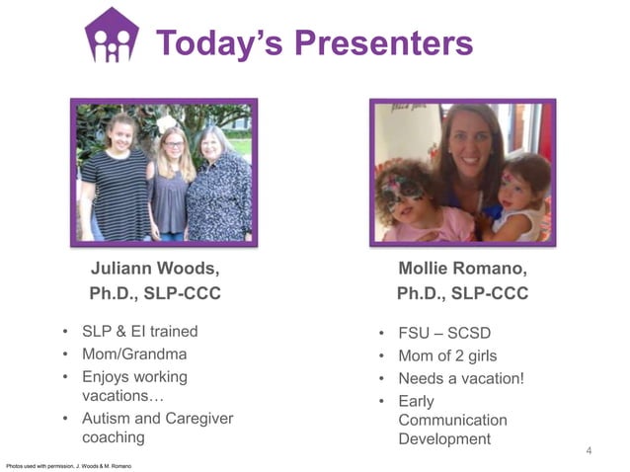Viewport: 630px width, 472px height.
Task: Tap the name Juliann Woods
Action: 155,268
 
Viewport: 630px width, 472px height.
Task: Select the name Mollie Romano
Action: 462,268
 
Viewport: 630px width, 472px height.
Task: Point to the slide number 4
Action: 589,452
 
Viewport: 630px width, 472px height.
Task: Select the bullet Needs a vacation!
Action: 460,378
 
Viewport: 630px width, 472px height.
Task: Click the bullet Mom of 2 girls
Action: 447,355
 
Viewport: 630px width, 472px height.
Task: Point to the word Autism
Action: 107,419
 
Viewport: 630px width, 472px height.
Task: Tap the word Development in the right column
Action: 443,439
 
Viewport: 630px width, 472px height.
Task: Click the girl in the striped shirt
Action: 116,183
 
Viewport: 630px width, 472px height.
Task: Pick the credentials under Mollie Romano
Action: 462,293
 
